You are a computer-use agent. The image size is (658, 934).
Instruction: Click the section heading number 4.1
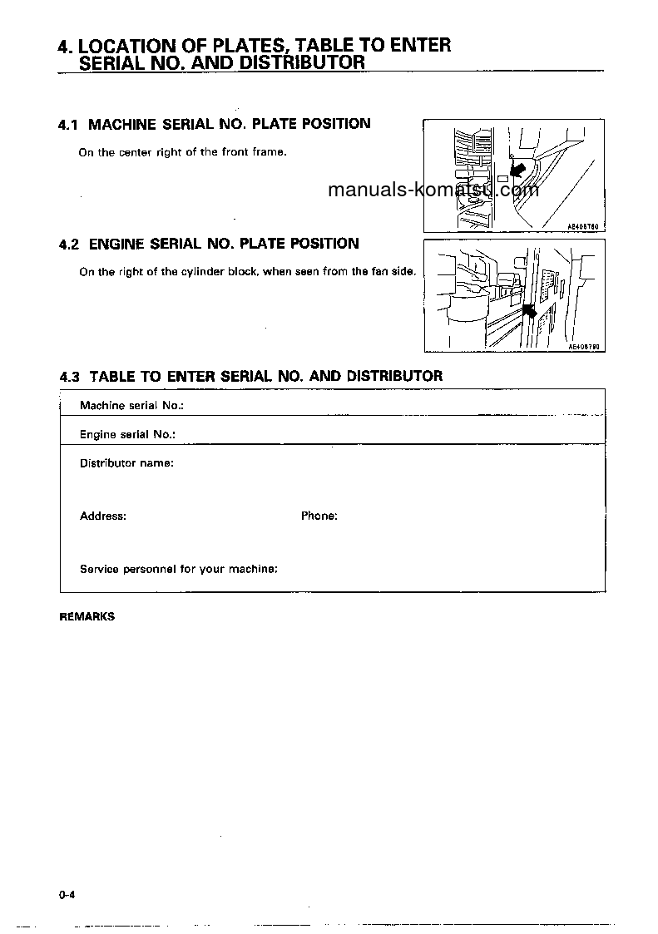68,125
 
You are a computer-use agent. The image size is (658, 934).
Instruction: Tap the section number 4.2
68,245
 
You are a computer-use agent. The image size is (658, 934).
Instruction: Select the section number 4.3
69,377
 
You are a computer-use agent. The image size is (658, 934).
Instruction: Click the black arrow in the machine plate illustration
517,170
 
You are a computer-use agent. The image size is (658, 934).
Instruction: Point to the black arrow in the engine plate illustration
527,311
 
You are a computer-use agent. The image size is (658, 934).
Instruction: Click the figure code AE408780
583,225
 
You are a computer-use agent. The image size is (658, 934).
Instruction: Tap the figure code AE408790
584,347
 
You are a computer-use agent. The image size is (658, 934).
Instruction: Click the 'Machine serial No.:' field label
131,406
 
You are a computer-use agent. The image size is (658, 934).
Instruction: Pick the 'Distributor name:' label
126,462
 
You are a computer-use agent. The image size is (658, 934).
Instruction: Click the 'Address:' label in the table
103,516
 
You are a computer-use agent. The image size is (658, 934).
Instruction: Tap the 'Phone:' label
319,516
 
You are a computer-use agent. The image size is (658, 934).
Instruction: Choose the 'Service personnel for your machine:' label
179,570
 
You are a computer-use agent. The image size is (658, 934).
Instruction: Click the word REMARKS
87,617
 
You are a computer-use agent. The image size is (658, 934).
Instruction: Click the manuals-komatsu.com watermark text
433,190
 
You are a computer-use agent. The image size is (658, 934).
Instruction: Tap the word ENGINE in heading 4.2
116,245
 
